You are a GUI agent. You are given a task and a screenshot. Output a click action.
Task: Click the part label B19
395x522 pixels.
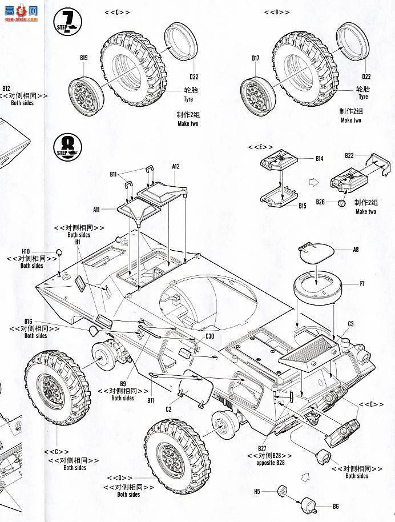tap(84, 58)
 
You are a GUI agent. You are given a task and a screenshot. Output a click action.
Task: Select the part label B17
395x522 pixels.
tap(255, 58)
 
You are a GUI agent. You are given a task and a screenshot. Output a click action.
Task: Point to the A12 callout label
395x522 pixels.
tap(176, 166)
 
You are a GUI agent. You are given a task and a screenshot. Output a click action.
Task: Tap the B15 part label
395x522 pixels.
tap(303, 206)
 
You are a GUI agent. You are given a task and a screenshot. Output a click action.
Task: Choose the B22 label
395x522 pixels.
tap(350, 155)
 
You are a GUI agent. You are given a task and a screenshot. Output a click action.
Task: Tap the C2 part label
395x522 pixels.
tap(168, 409)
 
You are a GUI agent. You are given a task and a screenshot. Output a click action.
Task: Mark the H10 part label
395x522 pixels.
tap(26, 251)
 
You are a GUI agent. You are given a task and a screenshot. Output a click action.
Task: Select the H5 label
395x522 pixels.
tap(257, 491)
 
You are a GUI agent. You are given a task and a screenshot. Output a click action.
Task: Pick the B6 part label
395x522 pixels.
tap(336, 506)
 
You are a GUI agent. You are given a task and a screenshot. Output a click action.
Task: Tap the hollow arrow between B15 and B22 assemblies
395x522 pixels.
tap(313, 183)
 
